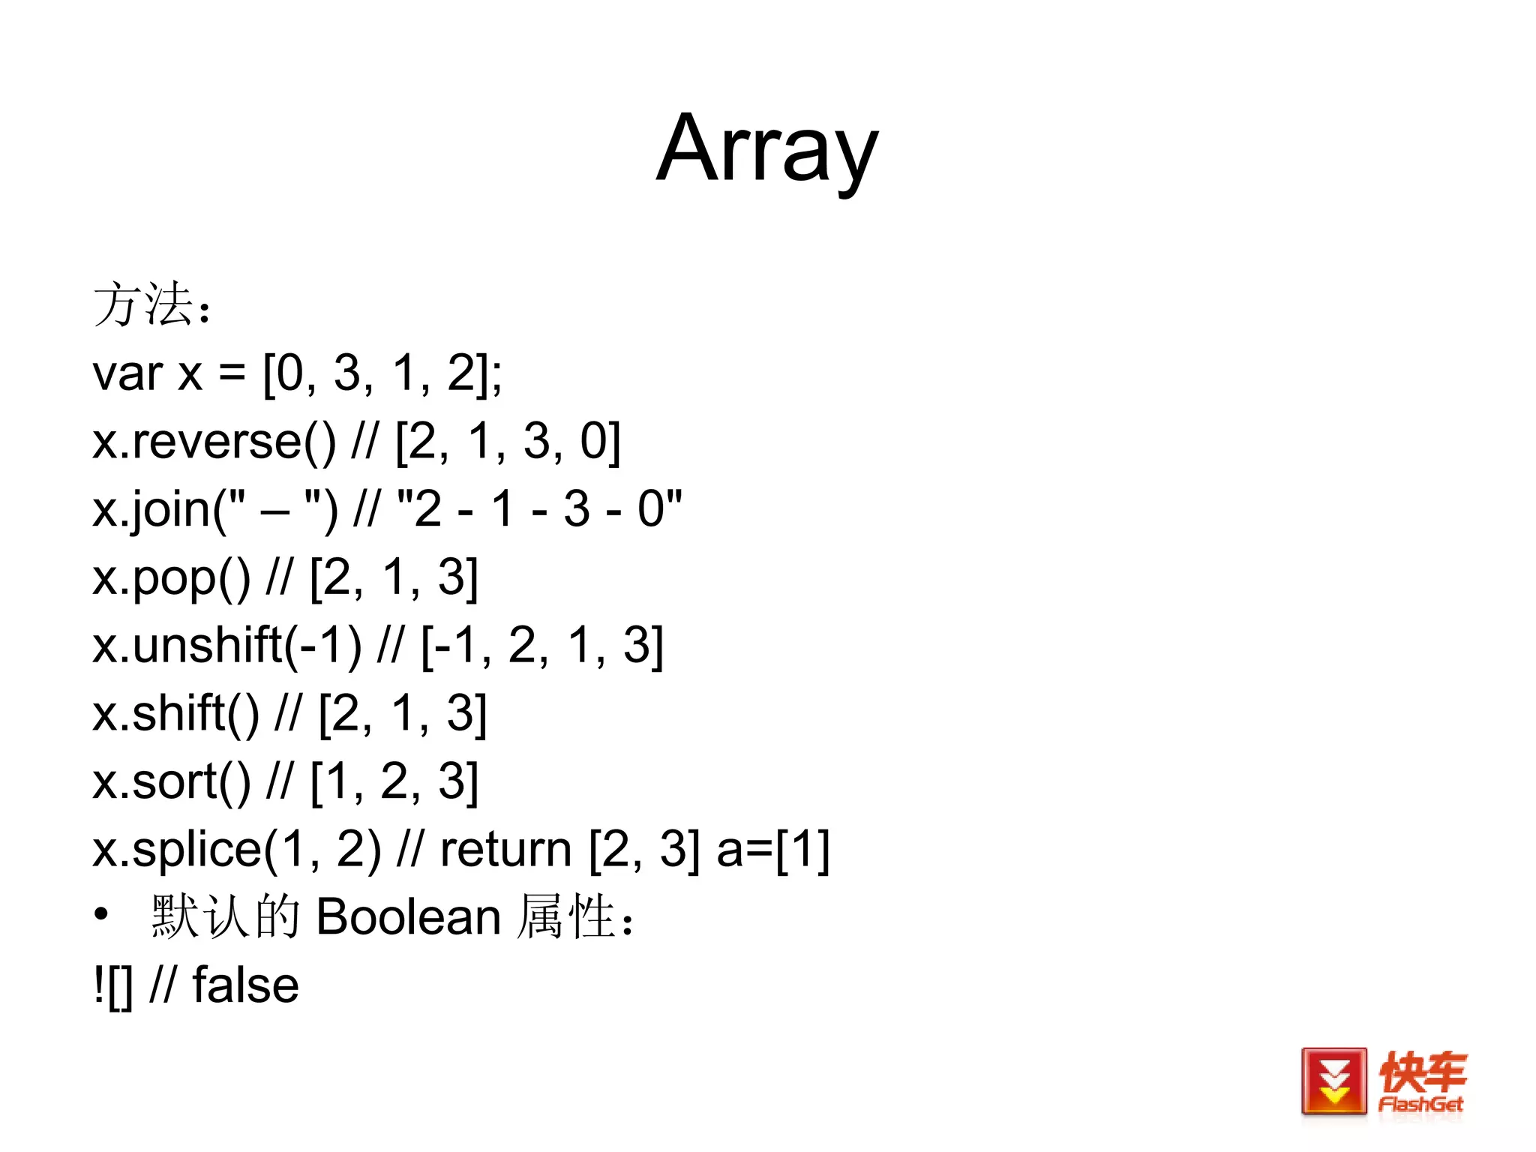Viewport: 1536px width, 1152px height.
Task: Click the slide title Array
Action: (766, 150)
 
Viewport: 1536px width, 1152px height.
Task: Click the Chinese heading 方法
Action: (142, 305)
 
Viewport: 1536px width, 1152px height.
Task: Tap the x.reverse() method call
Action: (214, 441)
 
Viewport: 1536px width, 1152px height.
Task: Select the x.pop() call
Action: (172, 578)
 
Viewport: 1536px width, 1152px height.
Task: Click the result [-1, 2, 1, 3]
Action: (541, 646)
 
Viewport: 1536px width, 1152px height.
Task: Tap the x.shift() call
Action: (175, 713)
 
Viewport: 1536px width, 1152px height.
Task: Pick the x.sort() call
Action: (172, 781)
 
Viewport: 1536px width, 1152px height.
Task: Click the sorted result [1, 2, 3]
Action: (394, 781)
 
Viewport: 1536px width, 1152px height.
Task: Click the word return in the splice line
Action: (505, 850)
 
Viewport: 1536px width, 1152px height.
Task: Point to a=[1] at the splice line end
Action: (772, 850)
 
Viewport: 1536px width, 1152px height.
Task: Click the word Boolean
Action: (408, 916)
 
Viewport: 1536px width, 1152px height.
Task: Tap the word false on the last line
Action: (245, 985)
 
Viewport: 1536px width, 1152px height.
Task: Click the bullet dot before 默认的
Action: (101, 915)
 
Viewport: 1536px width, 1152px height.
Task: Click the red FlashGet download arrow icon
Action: (1333, 1081)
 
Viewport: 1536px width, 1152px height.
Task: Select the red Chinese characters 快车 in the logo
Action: (1422, 1072)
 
